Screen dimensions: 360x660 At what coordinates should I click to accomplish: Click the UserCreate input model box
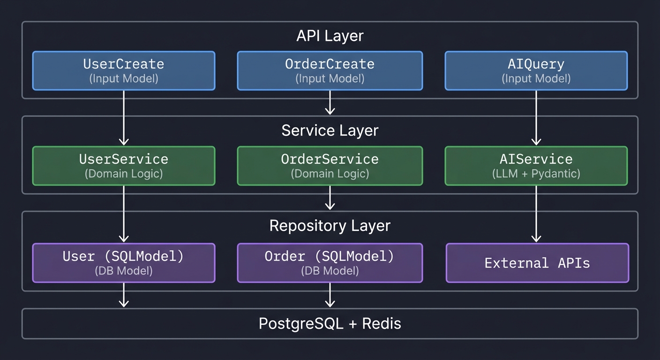click(x=124, y=70)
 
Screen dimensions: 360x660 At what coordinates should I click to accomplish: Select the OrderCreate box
click(x=330, y=70)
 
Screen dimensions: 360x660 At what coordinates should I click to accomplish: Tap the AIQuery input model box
click(x=536, y=70)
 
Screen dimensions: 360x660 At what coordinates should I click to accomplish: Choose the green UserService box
click(x=124, y=165)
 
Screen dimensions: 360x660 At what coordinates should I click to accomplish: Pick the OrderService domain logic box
click(x=330, y=165)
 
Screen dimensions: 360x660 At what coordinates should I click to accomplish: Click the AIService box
click(x=536, y=165)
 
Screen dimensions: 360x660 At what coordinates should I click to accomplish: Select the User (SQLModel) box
click(x=124, y=262)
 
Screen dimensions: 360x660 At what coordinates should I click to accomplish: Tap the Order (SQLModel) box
click(x=330, y=262)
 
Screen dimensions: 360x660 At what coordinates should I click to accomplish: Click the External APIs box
click(x=537, y=262)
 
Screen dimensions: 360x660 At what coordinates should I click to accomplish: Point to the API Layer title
click(x=330, y=36)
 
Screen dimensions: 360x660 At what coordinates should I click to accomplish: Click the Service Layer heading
click(x=330, y=130)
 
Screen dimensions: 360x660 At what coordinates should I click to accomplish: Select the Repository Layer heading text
click(x=330, y=225)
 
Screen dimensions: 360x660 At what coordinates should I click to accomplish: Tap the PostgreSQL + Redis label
click(x=330, y=323)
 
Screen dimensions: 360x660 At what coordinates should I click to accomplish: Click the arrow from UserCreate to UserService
click(x=124, y=117)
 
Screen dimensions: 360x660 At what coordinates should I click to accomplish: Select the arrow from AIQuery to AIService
click(x=536, y=117)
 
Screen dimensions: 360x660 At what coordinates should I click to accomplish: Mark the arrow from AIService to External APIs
click(x=536, y=213)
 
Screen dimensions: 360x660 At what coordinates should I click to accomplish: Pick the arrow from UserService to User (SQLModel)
click(x=124, y=213)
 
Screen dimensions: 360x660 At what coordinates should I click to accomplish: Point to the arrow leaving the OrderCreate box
click(x=330, y=102)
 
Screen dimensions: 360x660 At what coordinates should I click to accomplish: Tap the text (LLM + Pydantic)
click(x=536, y=174)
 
